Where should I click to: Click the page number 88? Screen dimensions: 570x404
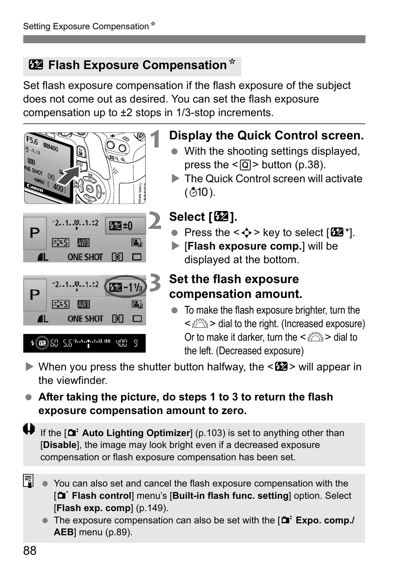(x=30, y=551)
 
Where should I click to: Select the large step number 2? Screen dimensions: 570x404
(x=155, y=220)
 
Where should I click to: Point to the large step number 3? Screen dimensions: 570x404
(x=155, y=283)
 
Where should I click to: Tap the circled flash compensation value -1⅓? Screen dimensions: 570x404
(x=125, y=287)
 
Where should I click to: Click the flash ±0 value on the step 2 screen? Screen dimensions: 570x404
(x=121, y=226)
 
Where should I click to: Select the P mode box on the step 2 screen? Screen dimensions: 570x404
(x=35, y=233)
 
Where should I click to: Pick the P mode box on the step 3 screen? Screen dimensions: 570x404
(x=35, y=295)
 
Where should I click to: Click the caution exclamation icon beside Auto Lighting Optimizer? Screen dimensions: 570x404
(x=29, y=429)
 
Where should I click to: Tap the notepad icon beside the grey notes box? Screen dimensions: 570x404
(x=28, y=481)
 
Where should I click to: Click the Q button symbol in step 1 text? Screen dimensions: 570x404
(x=245, y=165)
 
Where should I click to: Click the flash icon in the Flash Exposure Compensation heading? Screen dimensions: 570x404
(x=36, y=65)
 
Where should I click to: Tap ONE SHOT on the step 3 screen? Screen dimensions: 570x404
(x=85, y=319)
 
